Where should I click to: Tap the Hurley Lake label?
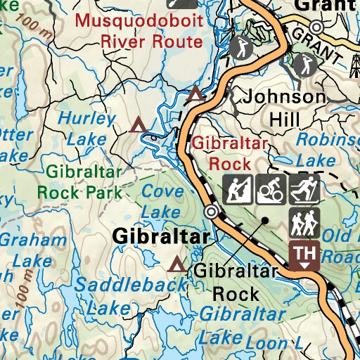(x=86, y=129)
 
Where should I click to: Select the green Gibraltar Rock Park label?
(x=84, y=181)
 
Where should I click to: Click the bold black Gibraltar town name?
(x=160, y=237)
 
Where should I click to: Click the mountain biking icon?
(x=269, y=188)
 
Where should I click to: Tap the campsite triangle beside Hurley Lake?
(x=139, y=125)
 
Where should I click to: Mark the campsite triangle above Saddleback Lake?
(x=176, y=265)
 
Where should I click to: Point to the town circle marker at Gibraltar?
(x=211, y=212)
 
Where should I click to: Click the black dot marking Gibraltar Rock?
(x=265, y=220)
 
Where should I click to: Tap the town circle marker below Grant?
(x=317, y=27)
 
